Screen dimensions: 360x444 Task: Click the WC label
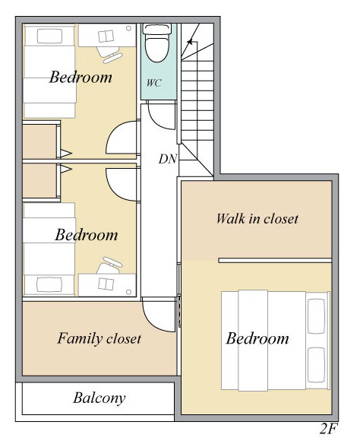pyautogui.click(x=154, y=83)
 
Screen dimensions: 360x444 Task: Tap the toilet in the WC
pyautogui.click(x=157, y=43)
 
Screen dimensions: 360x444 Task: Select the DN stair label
pyautogui.click(x=168, y=159)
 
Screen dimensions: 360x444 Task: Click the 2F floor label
pyautogui.click(x=329, y=429)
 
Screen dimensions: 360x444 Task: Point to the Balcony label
pyautogui.click(x=99, y=398)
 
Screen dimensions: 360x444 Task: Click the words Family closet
pyautogui.click(x=99, y=338)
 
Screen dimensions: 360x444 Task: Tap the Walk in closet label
pyautogui.click(x=257, y=219)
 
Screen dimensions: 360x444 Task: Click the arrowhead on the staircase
pyautogui.click(x=190, y=42)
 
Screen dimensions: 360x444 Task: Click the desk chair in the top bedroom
pyautogui.click(x=109, y=55)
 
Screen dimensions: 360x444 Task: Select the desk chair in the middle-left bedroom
pyautogui.click(x=109, y=265)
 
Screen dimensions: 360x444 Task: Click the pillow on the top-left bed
pyautogui.click(x=49, y=36)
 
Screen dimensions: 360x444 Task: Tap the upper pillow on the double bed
pyautogui.click(x=316, y=316)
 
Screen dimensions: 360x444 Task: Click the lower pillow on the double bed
pyautogui.click(x=316, y=365)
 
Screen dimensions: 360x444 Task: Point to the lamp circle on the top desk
pyautogui.click(x=128, y=28)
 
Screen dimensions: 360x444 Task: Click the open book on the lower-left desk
pyautogui.click(x=106, y=284)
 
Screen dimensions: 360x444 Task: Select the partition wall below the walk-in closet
pyautogui.click(x=275, y=260)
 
